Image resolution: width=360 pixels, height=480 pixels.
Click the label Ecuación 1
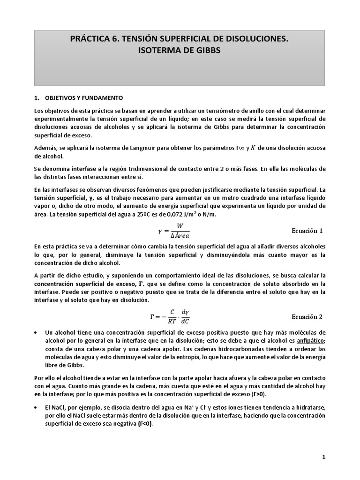[307, 231]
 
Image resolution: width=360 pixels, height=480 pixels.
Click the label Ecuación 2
[307, 316]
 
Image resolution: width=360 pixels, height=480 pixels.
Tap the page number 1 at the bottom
[323, 457]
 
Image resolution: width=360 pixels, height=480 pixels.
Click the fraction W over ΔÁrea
[180, 231]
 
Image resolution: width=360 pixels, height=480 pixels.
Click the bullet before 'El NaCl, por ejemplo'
[37, 406]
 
